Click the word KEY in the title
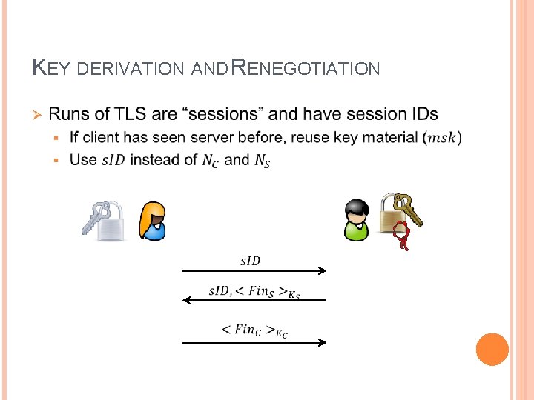51,69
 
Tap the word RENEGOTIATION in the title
306,69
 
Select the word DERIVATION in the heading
131,69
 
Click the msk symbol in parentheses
444,138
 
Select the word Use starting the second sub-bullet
82,159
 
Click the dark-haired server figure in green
356,220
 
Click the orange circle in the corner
492,349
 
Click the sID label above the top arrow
250,260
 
